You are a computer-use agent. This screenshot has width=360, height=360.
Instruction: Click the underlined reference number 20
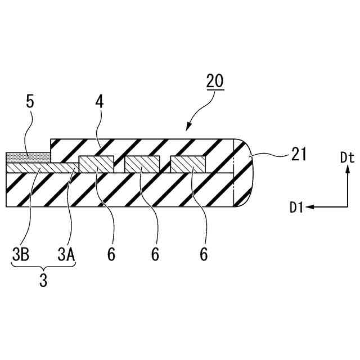214,82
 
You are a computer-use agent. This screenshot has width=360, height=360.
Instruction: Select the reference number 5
31,103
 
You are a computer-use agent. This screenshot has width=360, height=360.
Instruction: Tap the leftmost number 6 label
111,254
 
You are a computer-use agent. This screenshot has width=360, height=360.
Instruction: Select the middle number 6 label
156,254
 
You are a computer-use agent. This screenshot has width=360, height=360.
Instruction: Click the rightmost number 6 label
203,254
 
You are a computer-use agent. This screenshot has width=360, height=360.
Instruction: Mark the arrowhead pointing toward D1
311,208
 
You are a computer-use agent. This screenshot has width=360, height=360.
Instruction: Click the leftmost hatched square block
96,164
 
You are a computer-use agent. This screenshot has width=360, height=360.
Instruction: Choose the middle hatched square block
142,164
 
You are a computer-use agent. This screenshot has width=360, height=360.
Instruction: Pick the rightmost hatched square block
188,164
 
